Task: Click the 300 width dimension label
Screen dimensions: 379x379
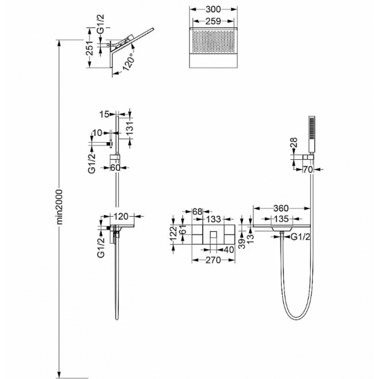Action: (213, 9)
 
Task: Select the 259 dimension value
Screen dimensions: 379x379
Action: (213, 21)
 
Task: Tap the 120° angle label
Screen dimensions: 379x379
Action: (129, 62)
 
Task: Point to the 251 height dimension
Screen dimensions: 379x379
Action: (90, 48)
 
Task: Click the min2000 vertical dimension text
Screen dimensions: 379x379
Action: (59, 207)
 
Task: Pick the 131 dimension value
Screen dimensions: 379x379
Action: (130, 128)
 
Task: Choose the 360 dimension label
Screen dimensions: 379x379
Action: (281, 208)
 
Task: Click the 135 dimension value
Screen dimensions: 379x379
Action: (281, 219)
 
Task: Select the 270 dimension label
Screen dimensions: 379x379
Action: (213, 260)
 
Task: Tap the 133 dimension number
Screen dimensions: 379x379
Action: (213, 219)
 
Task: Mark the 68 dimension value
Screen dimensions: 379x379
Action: (197, 211)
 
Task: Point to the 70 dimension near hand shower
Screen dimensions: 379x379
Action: (308, 170)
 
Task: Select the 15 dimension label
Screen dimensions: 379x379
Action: (104, 114)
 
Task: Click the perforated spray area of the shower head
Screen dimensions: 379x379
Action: (213, 40)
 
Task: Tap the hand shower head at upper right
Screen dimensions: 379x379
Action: (312, 134)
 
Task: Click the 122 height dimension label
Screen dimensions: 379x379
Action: (173, 234)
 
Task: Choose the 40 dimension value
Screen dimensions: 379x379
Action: (229, 250)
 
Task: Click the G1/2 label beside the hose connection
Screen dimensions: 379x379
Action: (300, 237)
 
